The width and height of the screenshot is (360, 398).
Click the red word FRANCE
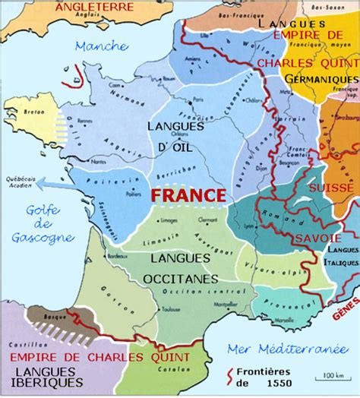188,194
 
